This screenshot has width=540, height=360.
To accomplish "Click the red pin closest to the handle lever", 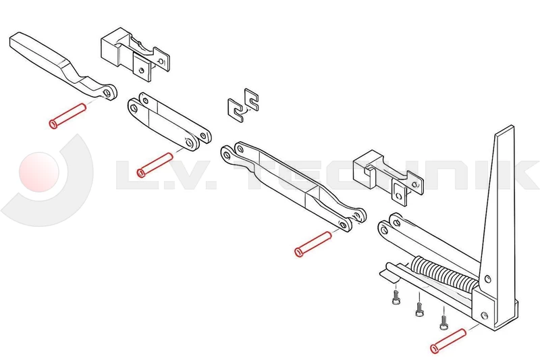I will point(67,114).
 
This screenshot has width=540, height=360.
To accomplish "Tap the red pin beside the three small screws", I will point(448,340).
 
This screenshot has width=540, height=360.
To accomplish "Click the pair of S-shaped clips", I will point(244,105).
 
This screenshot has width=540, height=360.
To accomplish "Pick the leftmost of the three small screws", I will point(396,298).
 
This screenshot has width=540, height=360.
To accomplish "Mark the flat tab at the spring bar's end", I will point(387,274).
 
